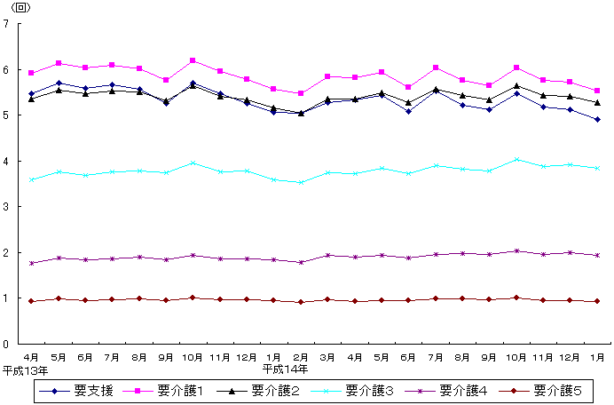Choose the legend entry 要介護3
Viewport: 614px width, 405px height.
(368, 390)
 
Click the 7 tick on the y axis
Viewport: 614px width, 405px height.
(6, 24)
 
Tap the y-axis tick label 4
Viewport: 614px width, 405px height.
(6, 162)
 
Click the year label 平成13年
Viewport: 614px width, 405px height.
(24, 368)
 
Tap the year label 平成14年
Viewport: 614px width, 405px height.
(286, 368)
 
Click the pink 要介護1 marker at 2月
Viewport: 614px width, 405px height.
(301, 93)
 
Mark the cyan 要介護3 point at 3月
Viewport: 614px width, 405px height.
(328, 172)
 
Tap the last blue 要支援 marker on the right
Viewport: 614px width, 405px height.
(597, 119)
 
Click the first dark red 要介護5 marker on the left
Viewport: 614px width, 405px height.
(31, 301)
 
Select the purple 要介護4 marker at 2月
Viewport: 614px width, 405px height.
(301, 262)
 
